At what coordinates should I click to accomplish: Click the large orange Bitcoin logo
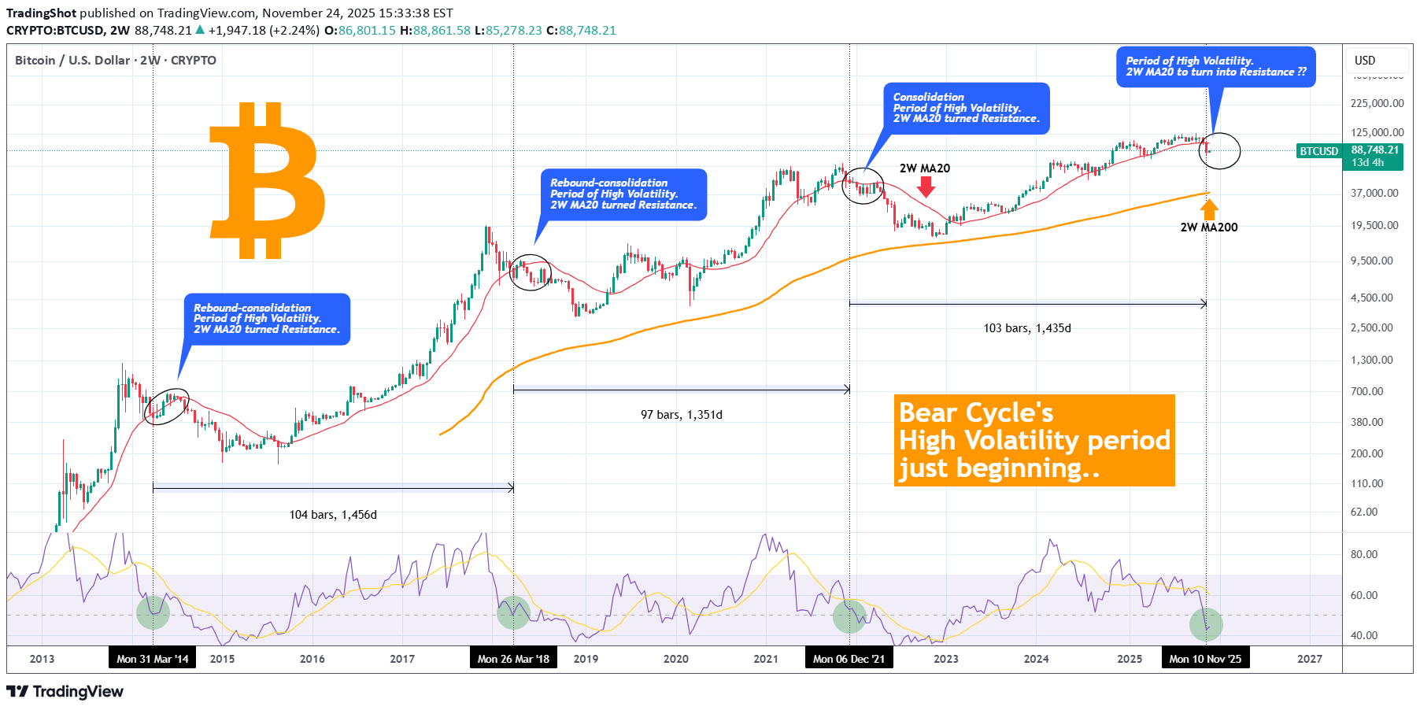(x=267, y=180)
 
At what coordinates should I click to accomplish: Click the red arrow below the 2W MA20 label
(x=926, y=187)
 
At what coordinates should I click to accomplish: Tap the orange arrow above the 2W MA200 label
(x=1209, y=209)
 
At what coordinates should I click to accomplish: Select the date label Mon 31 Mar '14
(x=153, y=659)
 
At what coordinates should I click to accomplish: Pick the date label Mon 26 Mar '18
(x=513, y=659)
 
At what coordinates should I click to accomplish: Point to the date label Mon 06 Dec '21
(x=849, y=659)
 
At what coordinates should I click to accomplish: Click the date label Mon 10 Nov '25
(x=1205, y=659)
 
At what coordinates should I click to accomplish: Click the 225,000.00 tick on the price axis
(x=1377, y=103)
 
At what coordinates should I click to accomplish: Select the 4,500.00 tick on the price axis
(x=1371, y=298)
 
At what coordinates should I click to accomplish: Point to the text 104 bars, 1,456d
(x=333, y=515)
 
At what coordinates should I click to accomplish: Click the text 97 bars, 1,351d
(x=681, y=415)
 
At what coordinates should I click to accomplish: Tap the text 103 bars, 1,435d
(x=1026, y=328)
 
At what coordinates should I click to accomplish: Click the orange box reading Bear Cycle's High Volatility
(x=1034, y=440)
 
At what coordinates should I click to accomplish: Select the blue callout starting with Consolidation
(x=966, y=108)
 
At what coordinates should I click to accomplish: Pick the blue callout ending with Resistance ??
(x=1215, y=66)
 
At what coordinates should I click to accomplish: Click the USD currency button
(x=1365, y=61)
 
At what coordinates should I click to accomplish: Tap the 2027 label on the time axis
(x=1310, y=659)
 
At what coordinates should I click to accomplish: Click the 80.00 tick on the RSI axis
(x=1364, y=554)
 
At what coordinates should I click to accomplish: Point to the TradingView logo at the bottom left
(x=65, y=692)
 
